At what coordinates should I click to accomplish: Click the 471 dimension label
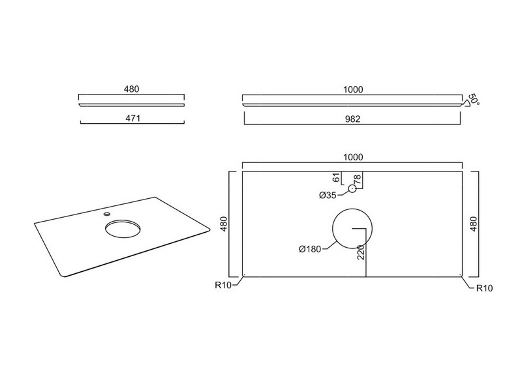pos(132,118)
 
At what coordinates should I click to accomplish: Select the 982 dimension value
pos(352,119)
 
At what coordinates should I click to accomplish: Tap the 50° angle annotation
pos(474,100)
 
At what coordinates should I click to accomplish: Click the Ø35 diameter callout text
pos(328,196)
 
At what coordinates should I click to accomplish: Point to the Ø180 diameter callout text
pos(310,249)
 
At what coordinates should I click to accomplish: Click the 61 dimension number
pos(337,178)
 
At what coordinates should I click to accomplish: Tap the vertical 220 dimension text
pos(361,252)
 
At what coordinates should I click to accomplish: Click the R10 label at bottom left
pos(223,285)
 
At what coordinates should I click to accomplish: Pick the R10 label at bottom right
pos(484,288)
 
